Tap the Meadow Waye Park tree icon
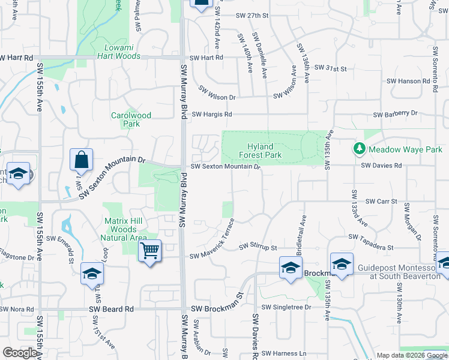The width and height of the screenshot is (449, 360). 359,148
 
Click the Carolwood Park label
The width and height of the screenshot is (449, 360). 131,119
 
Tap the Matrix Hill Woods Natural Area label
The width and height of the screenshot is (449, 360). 122,230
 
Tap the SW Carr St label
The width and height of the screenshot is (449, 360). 382,202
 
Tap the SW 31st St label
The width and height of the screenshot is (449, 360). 331,69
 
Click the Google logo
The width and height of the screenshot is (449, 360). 20,353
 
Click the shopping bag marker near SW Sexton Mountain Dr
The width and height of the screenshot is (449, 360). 81,161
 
